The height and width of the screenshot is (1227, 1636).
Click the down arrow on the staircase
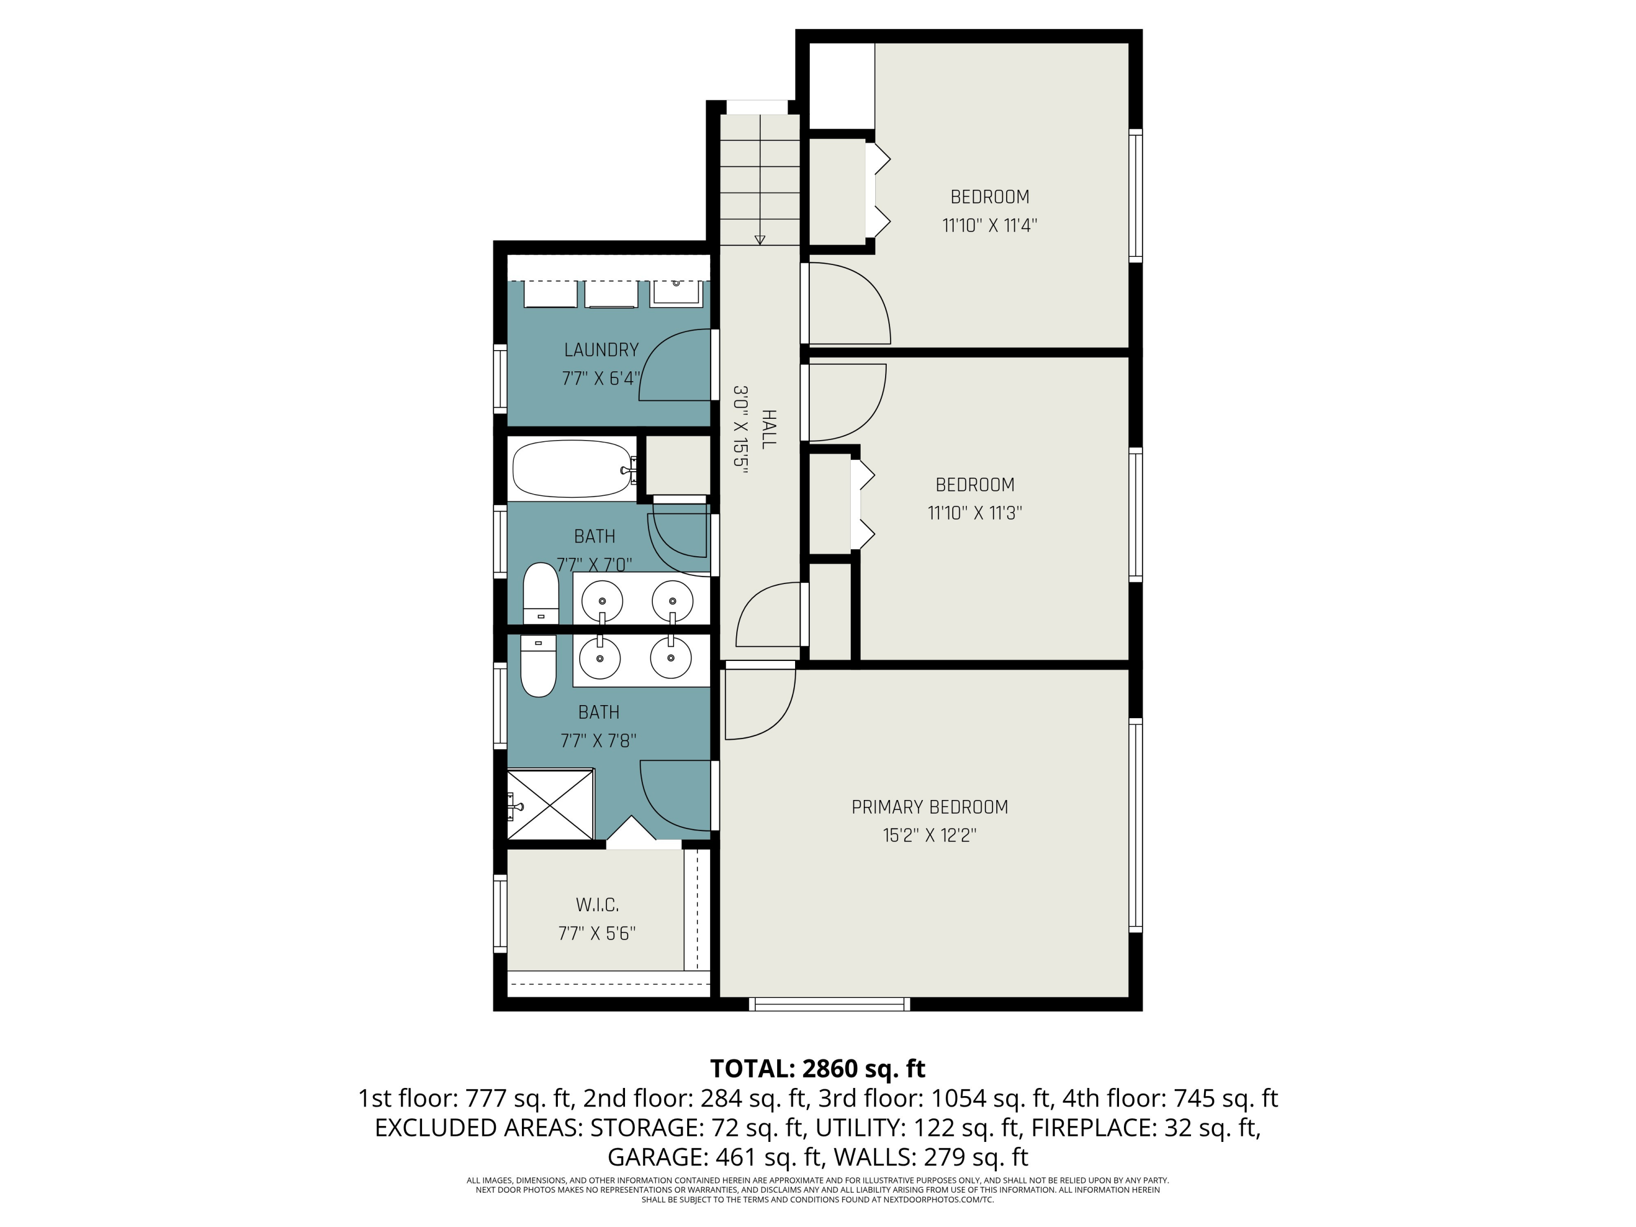[760, 238]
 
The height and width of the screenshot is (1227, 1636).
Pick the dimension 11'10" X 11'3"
[975, 513]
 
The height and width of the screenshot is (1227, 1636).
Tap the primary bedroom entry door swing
[758, 702]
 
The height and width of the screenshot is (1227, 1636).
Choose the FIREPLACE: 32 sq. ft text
[1145, 1127]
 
